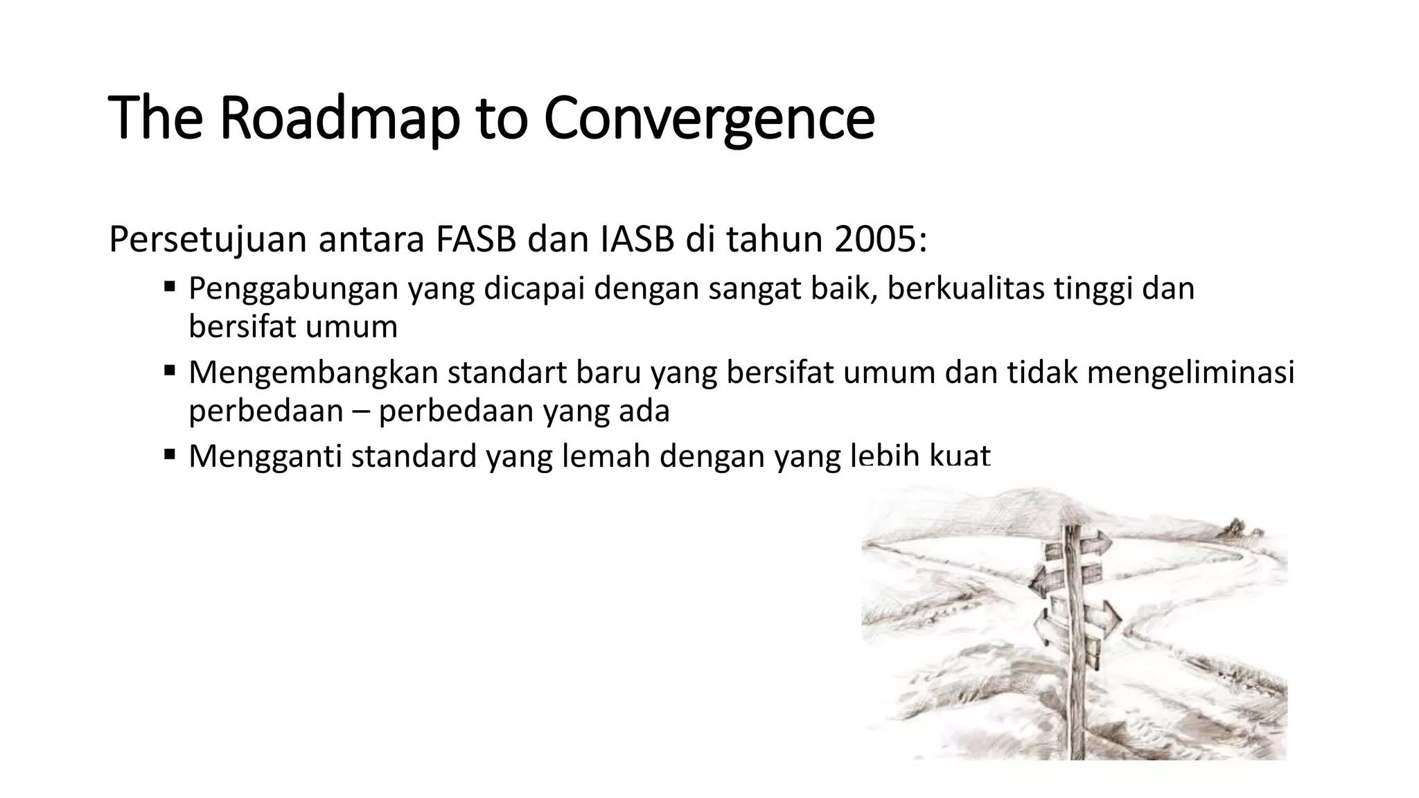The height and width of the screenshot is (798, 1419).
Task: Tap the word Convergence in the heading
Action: pos(709,119)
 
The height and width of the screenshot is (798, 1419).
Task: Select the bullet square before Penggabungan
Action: pos(170,285)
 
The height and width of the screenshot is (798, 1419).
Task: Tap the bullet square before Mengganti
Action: pos(170,454)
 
